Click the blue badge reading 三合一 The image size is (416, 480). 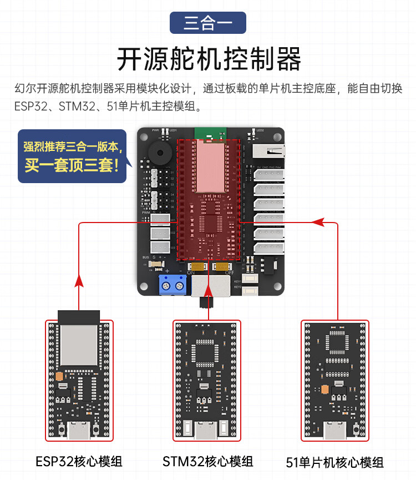point(207,23)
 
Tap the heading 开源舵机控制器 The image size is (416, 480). point(208,58)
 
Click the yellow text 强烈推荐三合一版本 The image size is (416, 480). point(72,147)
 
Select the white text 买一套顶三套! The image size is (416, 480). point(72,165)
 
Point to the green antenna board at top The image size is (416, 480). point(210,133)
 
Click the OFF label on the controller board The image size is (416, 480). point(229,273)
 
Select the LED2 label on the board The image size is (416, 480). point(260,130)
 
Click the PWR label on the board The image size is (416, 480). point(155,130)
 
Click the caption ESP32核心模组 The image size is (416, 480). point(79,461)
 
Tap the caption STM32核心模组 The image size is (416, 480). point(208,461)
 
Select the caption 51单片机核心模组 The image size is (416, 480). point(334,462)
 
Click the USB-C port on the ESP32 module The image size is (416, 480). point(79,430)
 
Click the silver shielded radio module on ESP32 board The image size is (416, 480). point(79,344)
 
